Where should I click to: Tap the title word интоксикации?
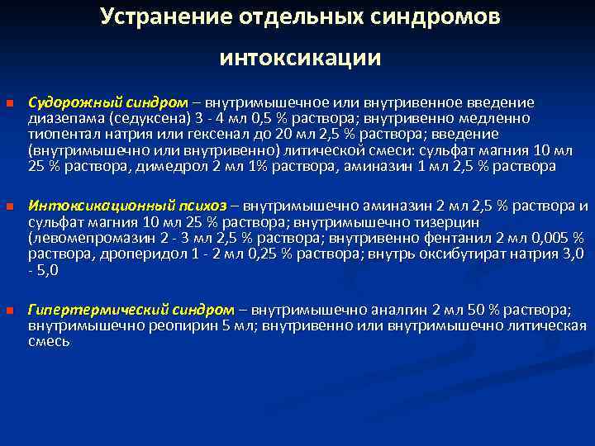point(300,58)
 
